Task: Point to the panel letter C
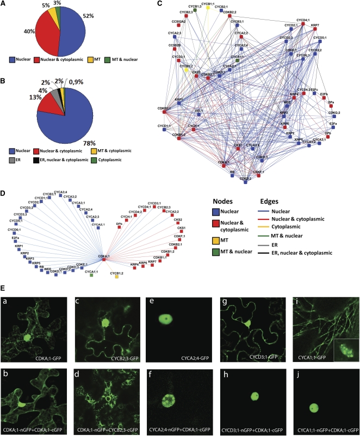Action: (159, 4)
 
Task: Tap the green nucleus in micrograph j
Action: (313, 407)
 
